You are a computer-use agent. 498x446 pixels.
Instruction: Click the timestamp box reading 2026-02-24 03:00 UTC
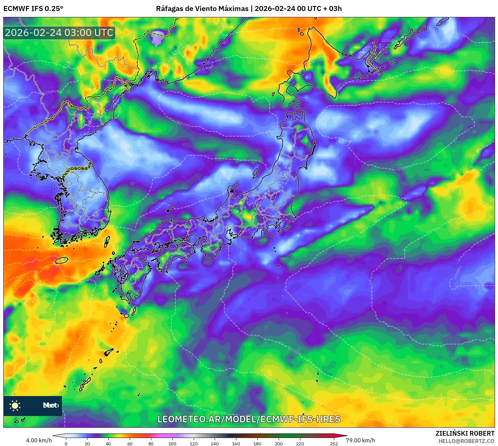point(59,33)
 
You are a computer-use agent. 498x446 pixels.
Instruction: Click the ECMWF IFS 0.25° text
point(33,9)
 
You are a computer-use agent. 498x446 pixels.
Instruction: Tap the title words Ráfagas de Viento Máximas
point(202,9)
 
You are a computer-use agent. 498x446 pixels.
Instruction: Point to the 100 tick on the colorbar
point(172,443)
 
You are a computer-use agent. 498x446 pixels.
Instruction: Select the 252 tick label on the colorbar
point(334,443)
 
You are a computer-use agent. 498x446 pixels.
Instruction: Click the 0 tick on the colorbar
point(66,443)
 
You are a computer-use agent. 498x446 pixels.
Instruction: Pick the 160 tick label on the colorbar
point(236,443)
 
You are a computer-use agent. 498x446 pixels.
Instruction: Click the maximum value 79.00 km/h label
point(360,440)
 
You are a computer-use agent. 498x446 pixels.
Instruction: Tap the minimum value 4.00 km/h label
point(39,440)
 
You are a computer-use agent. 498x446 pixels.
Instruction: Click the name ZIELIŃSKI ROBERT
point(465,433)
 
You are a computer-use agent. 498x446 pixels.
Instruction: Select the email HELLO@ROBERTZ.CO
point(466,441)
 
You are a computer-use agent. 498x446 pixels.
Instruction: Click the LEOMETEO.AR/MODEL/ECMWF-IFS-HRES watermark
point(249,419)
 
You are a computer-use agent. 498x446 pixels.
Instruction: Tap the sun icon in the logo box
point(15,405)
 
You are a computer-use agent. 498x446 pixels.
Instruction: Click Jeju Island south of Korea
point(61,260)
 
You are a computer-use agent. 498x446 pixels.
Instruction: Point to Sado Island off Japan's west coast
point(256,173)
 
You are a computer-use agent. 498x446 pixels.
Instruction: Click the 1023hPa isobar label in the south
point(294,350)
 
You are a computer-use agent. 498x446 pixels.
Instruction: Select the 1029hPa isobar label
point(458,272)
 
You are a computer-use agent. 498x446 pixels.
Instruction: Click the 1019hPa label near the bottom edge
point(220,413)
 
